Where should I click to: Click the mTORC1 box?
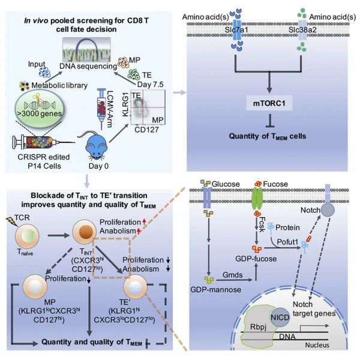click(x=269, y=103)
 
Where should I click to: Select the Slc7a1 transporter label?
click(x=236, y=30)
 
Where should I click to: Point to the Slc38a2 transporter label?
click(x=302, y=30)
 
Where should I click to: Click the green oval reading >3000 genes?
click(x=39, y=108)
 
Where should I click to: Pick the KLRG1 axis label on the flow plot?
click(x=125, y=104)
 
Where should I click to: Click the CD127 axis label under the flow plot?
click(x=146, y=130)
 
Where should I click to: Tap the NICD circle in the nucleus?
click(x=280, y=317)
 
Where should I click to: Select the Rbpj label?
click(x=258, y=327)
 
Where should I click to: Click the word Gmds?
click(x=232, y=275)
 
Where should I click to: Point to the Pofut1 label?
click(x=287, y=242)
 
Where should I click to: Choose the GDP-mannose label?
click(x=215, y=290)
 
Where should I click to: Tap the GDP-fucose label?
click(x=256, y=259)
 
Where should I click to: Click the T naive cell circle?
click(x=27, y=236)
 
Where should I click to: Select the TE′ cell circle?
click(x=135, y=287)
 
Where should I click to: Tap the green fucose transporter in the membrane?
click(x=257, y=198)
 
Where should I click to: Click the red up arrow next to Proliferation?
click(x=144, y=222)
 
